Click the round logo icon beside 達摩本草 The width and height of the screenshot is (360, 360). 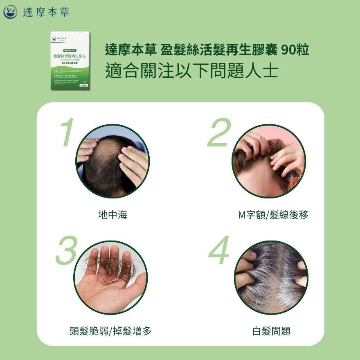click(10, 11)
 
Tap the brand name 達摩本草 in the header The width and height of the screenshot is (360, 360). click(46, 12)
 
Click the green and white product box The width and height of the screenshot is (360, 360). click(70, 61)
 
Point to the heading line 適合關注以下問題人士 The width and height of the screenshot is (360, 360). click(191, 70)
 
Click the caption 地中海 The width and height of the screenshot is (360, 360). click(112, 214)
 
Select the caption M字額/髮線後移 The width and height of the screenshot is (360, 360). click(273, 214)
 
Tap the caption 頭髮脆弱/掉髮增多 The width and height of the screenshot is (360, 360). click(110, 331)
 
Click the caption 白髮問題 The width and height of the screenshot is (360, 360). click(271, 331)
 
